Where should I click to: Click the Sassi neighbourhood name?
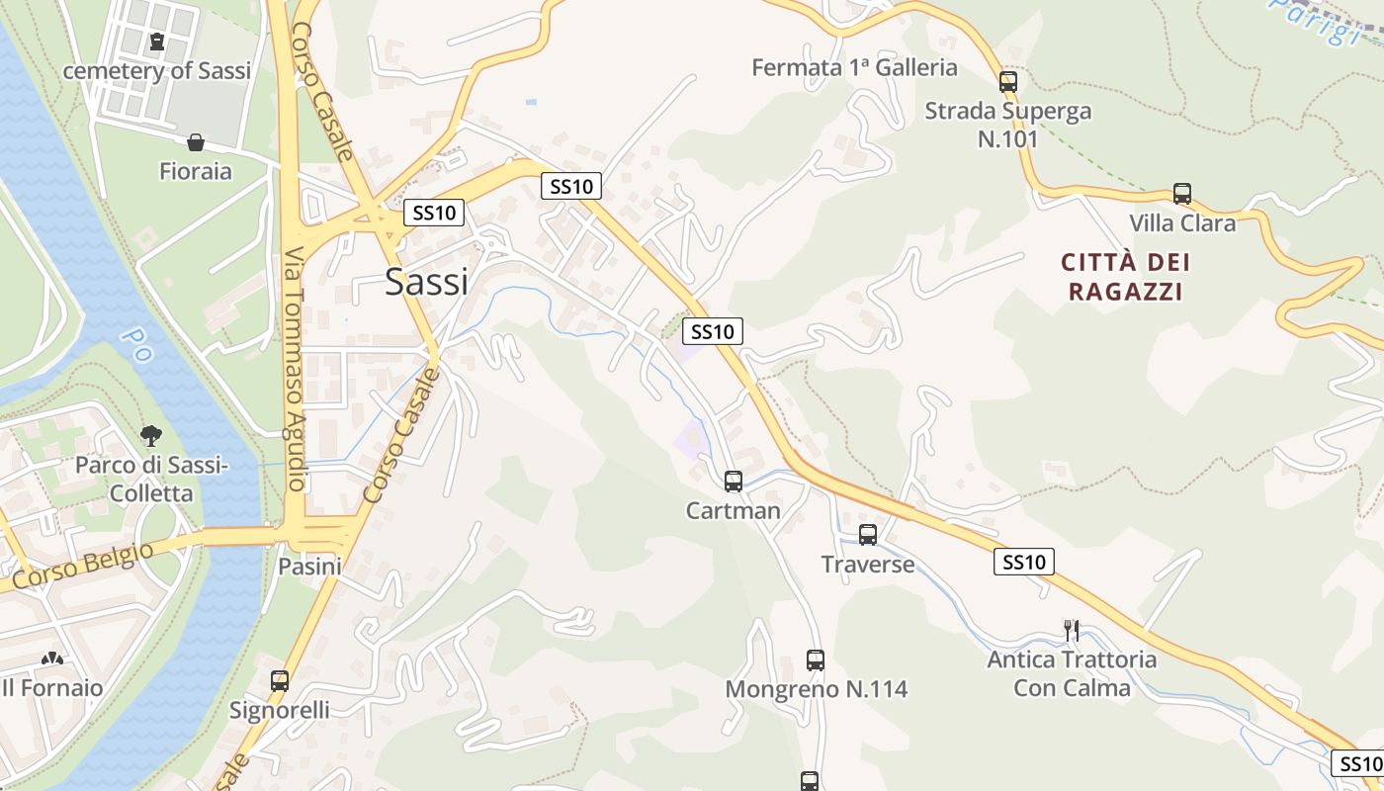(426, 282)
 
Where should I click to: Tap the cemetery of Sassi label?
(157, 71)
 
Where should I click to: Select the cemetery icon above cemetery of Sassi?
(157, 42)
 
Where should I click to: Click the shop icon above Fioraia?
(196, 142)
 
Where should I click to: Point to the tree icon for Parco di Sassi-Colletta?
(150, 434)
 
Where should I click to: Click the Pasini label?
(309, 567)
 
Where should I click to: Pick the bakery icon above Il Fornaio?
(50, 659)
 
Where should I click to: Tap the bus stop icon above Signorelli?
(280, 680)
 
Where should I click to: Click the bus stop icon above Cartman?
(733, 482)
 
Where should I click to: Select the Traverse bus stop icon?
(867, 535)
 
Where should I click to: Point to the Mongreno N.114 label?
(816, 689)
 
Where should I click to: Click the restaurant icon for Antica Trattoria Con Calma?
(1071, 630)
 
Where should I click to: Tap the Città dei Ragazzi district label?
(1125, 277)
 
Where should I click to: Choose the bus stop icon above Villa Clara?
(1181, 194)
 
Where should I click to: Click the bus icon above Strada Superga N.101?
(1007, 81)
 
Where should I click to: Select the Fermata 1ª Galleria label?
(854, 67)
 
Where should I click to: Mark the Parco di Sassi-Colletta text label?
(150, 479)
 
